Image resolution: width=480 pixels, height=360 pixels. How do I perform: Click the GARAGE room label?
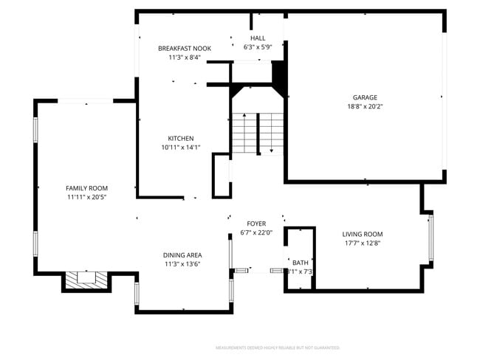[365, 97]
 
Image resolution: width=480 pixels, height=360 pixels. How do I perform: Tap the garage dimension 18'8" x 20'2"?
[365, 106]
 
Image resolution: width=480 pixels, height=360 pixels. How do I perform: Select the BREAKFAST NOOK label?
[184, 48]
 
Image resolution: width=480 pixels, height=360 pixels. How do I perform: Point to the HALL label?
[258, 38]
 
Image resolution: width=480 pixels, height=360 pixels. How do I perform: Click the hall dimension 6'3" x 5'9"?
[258, 47]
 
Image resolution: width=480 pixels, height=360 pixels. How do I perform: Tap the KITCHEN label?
[181, 138]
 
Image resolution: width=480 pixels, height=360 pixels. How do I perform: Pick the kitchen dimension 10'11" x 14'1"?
[181, 147]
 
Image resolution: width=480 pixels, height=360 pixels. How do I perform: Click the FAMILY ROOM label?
[86, 188]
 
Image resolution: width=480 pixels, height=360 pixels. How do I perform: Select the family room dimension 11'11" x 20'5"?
[86, 197]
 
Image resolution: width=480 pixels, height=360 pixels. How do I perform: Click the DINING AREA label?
[182, 255]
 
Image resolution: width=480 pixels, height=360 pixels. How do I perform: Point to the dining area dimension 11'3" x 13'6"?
[182, 264]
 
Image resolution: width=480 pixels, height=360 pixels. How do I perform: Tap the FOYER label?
[256, 224]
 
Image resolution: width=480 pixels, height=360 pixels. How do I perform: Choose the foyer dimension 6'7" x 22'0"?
[256, 232]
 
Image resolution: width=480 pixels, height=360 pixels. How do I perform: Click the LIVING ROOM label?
[363, 234]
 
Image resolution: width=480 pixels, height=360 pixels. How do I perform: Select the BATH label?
[301, 263]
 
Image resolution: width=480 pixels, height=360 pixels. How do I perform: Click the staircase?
[258, 133]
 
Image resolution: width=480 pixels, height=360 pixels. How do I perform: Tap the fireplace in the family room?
[86, 280]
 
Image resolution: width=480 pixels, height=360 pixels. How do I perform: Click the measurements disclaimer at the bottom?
[277, 347]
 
